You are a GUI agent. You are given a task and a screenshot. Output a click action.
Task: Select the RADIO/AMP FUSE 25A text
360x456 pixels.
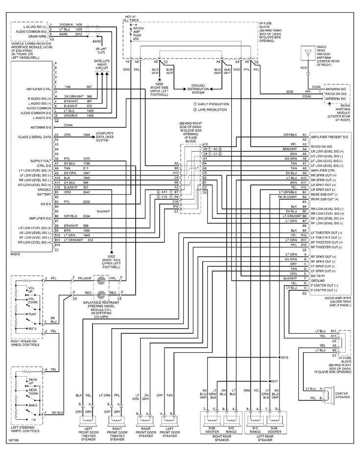(x=138, y=34)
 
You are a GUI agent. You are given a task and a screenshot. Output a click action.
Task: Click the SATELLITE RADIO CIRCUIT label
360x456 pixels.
(x=102, y=63)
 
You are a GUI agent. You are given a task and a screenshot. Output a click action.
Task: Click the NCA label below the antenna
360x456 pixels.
(x=304, y=68)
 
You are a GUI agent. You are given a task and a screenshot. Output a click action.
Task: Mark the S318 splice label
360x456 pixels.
(x=284, y=358)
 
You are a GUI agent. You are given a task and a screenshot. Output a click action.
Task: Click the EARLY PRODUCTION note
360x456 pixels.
(x=212, y=104)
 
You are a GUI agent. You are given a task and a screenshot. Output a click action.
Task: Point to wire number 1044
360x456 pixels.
(x=87, y=134)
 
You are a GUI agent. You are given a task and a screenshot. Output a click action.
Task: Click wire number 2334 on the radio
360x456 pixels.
(x=87, y=216)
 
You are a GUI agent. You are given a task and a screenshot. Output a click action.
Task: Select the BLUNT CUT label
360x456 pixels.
(x=103, y=50)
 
